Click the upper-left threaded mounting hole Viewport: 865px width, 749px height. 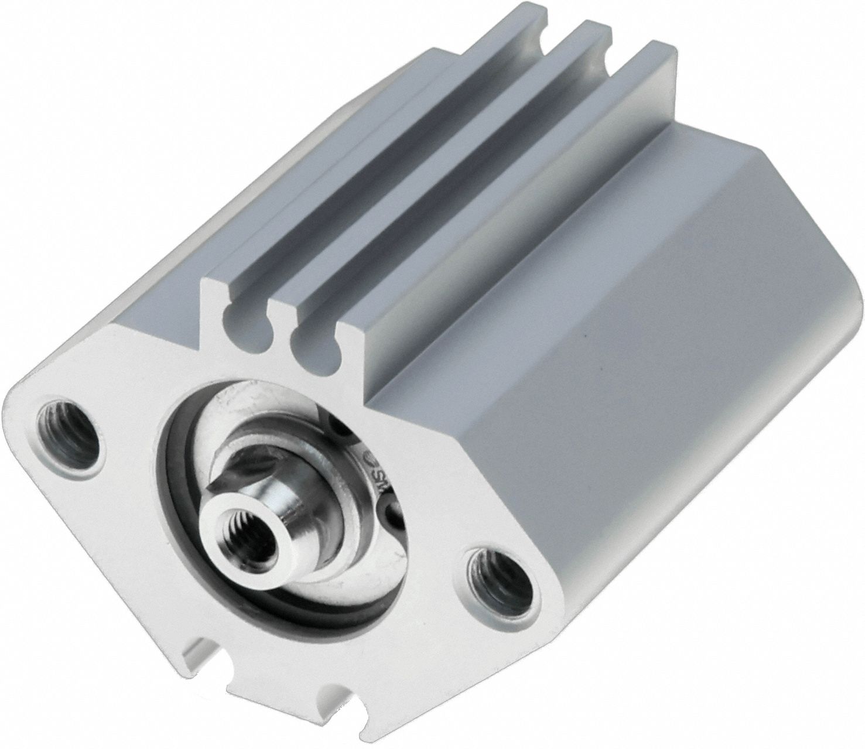click(x=66, y=434)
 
